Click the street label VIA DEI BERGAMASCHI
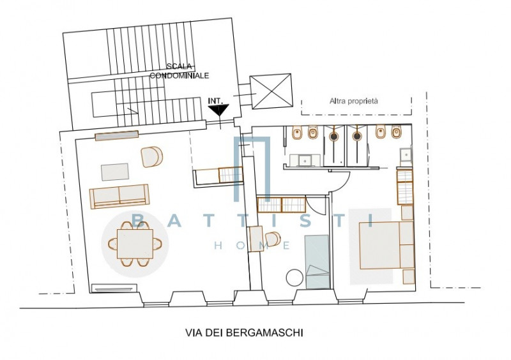(244, 333)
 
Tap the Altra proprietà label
(354, 101)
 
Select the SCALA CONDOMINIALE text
(179, 71)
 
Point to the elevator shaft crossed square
(271, 91)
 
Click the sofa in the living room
(119, 196)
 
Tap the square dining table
(135, 244)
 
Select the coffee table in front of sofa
(115, 172)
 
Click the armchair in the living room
(152, 157)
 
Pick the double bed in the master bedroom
(387, 245)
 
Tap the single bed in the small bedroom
(317, 262)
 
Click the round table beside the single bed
(295, 277)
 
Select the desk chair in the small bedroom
(273, 239)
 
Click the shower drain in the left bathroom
(333, 136)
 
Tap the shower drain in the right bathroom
(358, 136)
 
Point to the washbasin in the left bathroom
(305, 160)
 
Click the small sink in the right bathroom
(406, 155)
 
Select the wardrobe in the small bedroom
(282, 205)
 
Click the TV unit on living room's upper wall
(117, 135)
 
